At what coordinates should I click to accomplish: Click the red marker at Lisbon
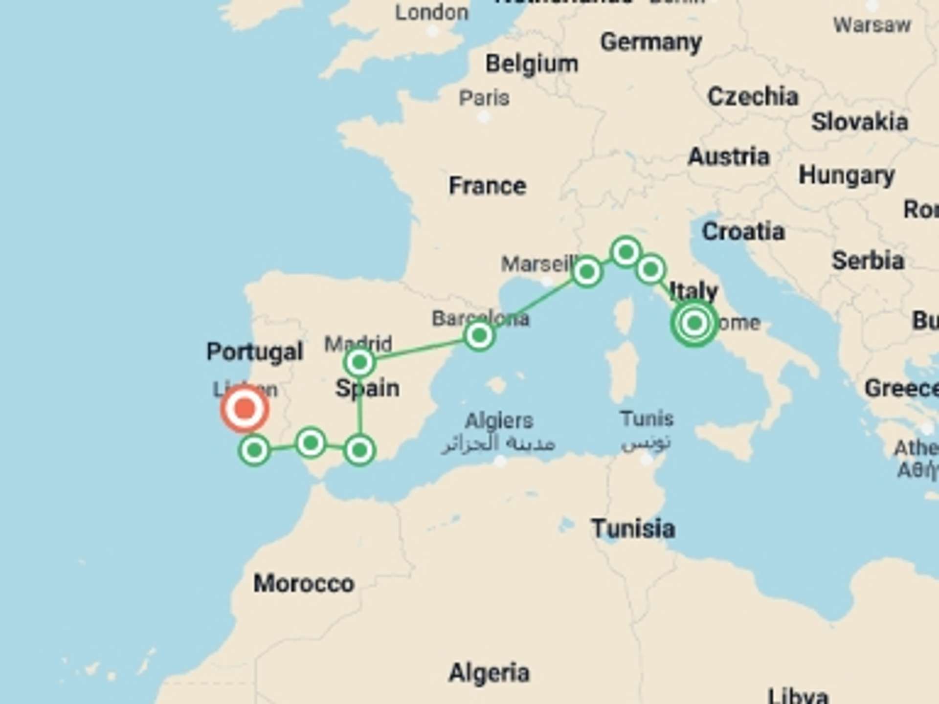tap(245, 409)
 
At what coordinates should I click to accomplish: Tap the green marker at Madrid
tap(359, 363)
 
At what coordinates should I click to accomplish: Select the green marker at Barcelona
tap(479, 336)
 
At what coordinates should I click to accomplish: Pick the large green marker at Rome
tap(694, 323)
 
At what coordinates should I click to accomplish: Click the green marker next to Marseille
tap(586, 271)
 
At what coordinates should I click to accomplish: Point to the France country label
tap(488, 186)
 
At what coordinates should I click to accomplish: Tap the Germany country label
tap(651, 43)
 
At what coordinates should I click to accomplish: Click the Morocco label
tap(304, 584)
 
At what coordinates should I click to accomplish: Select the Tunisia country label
tap(633, 529)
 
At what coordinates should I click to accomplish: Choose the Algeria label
tap(489, 673)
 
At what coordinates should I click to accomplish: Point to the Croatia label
tap(743, 232)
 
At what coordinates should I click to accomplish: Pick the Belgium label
tap(532, 64)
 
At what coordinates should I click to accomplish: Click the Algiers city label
tap(499, 420)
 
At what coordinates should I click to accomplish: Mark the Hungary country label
tap(847, 176)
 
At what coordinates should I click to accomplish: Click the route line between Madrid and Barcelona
tap(419, 350)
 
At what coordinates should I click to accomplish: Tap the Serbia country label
tap(868, 261)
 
